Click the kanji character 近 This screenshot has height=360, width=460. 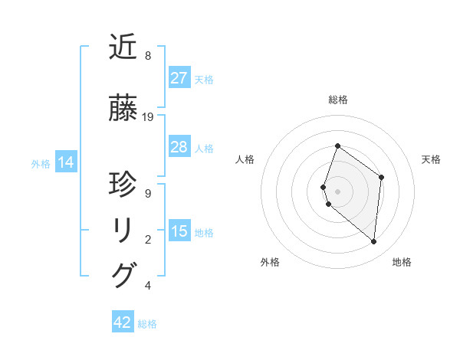pyautogui.click(x=123, y=47)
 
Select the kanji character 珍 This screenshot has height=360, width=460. pyautogui.click(x=123, y=185)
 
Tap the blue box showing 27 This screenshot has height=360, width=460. pyautogui.click(x=179, y=78)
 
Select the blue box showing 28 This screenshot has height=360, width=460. pyautogui.click(x=179, y=147)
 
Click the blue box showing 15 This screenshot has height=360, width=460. pyautogui.click(x=179, y=231)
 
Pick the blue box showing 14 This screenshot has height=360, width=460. pyautogui.click(x=65, y=162)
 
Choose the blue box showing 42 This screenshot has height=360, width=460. pyautogui.click(x=123, y=322)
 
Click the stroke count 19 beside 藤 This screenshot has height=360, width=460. pyautogui.click(x=148, y=117)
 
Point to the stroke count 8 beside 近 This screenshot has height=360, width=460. pyautogui.click(x=148, y=56)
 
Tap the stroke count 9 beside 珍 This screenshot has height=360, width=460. pyautogui.click(x=148, y=194)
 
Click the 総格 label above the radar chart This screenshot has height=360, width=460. pyautogui.click(x=337, y=100)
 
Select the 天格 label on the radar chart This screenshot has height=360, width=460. pyautogui.click(x=431, y=159)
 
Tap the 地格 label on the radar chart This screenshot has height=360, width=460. pyautogui.click(x=402, y=262)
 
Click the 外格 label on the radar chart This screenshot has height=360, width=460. pyautogui.click(x=270, y=262)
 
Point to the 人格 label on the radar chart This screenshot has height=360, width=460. pyautogui.click(x=245, y=159)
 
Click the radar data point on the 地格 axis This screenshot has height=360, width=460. pyautogui.click(x=373, y=241)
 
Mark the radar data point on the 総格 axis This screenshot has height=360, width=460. pyautogui.click(x=337, y=146)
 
